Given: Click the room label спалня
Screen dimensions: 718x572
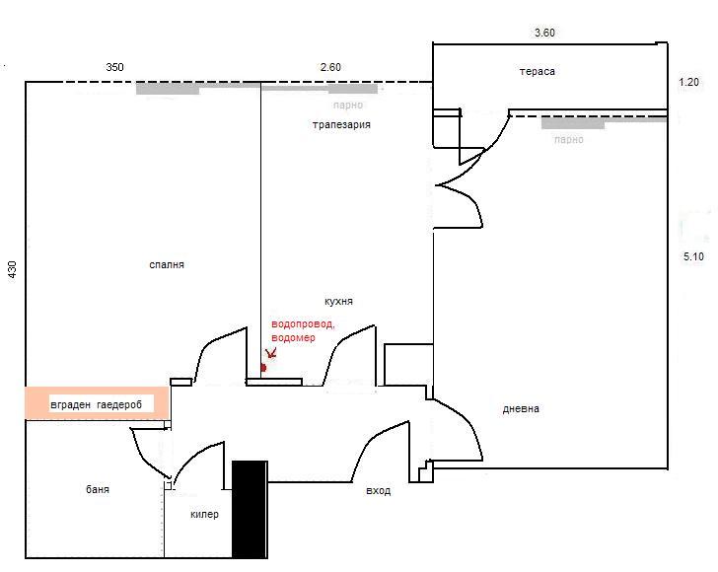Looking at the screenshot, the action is coord(167,265).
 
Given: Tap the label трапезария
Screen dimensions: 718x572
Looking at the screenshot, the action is coord(341,125).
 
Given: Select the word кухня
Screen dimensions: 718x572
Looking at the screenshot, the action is coord(338,302).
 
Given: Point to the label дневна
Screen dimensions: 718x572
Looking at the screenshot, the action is coord(521,409).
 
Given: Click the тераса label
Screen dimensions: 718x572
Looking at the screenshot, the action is coord(538,71).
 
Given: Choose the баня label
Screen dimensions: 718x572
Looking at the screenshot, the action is coord(98,489).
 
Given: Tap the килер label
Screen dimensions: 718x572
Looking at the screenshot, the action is coord(204,514).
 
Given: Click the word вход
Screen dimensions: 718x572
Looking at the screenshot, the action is coord(379,491).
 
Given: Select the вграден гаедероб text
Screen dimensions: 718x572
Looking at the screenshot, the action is coord(97,405).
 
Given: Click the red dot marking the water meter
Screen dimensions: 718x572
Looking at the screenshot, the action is coord(263,368).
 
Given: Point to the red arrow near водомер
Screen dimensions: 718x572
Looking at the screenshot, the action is coord(271,353).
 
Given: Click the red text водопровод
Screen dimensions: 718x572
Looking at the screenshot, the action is coord(303,324).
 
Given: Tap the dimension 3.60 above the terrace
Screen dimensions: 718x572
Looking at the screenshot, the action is coord(544,33).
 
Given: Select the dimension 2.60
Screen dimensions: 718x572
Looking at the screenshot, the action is coord(330,67).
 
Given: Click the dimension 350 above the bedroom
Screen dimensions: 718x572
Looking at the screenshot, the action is coord(114,67).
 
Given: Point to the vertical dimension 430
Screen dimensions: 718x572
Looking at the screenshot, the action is coord(13,269).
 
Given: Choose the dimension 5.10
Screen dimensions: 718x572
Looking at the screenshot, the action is coord(693,257).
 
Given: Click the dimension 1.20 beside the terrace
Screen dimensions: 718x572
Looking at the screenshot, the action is coord(688,83).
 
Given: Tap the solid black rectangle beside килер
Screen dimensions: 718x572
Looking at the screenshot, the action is coord(250,509).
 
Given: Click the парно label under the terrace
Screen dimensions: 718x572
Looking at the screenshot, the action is coord(569,139).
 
